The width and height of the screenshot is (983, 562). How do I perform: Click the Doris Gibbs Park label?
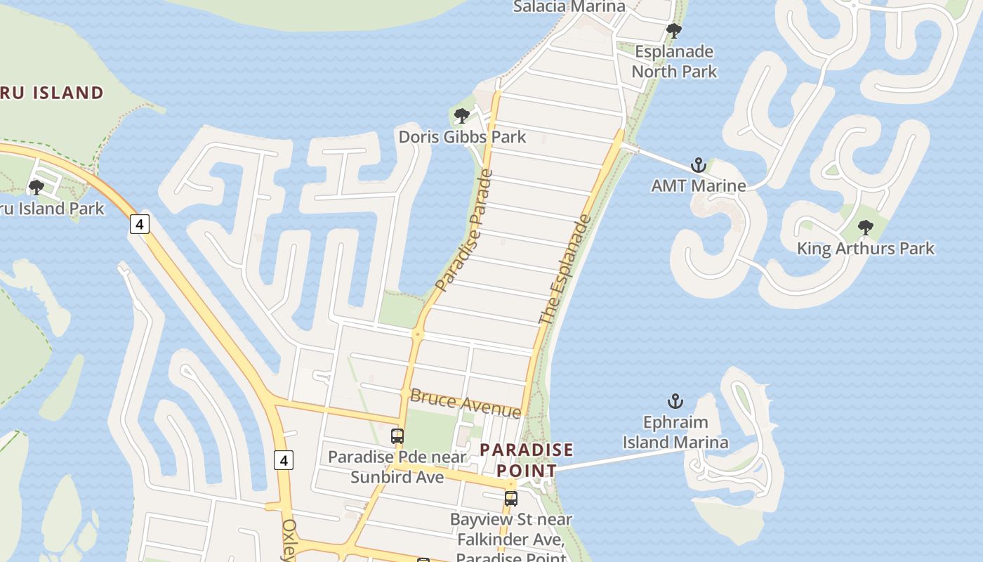(x=462, y=136)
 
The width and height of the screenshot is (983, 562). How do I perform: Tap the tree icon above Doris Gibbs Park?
(x=461, y=115)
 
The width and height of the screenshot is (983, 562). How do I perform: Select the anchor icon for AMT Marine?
(x=698, y=165)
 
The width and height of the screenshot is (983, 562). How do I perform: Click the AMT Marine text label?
(x=698, y=185)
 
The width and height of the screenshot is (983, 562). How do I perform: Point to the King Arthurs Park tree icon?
(x=865, y=227)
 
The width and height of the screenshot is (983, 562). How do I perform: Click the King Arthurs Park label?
(x=865, y=248)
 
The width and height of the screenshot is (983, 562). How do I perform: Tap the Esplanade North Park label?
(x=674, y=61)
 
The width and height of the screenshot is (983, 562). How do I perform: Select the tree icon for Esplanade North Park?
(x=673, y=31)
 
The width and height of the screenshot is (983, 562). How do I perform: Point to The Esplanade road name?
(x=565, y=270)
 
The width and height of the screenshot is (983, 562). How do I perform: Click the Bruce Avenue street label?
(x=466, y=403)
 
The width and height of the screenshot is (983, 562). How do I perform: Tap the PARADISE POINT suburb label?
(x=527, y=459)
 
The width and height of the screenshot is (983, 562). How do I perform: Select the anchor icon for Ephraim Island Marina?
(x=675, y=401)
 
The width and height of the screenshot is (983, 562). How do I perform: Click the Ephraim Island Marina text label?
(x=675, y=432)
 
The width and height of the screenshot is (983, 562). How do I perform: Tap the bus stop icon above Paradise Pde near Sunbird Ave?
(x=397, y=436)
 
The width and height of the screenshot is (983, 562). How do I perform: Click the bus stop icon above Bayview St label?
(x=511, y=499)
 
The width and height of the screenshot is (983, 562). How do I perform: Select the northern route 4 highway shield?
(x=140, y=224)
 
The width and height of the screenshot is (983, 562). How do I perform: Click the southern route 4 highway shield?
(x=283, y=460)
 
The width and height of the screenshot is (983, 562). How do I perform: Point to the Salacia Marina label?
(x=569, y=7)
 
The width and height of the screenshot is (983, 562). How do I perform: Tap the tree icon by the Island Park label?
(x=36, y=187)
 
